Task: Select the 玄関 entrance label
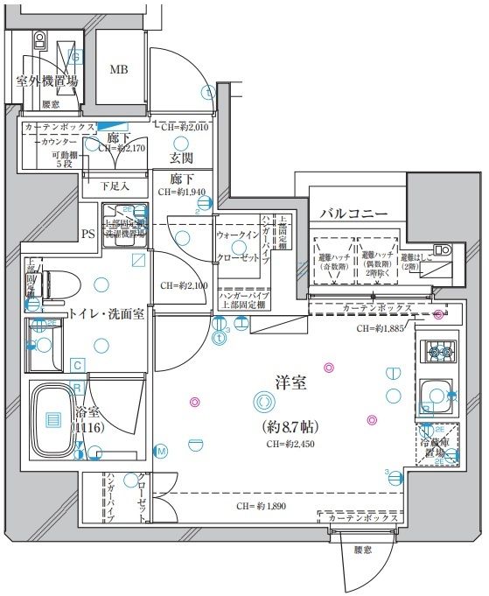181,158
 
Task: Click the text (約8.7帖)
290,427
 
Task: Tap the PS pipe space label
87,235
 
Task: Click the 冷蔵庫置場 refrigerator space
437,445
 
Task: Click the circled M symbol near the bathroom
162,451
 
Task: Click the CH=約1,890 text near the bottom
261,506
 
